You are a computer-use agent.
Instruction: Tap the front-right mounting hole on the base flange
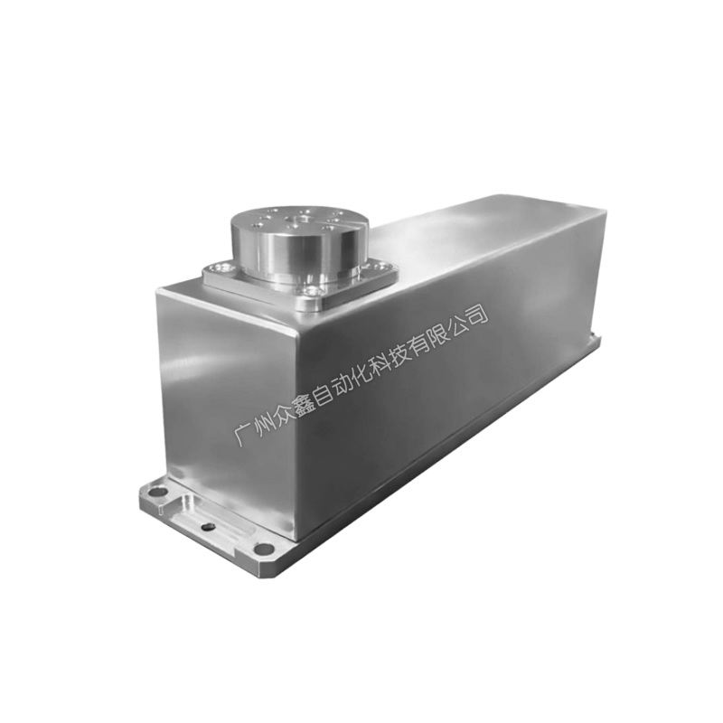pyautogui.click(x=262, y=549)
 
